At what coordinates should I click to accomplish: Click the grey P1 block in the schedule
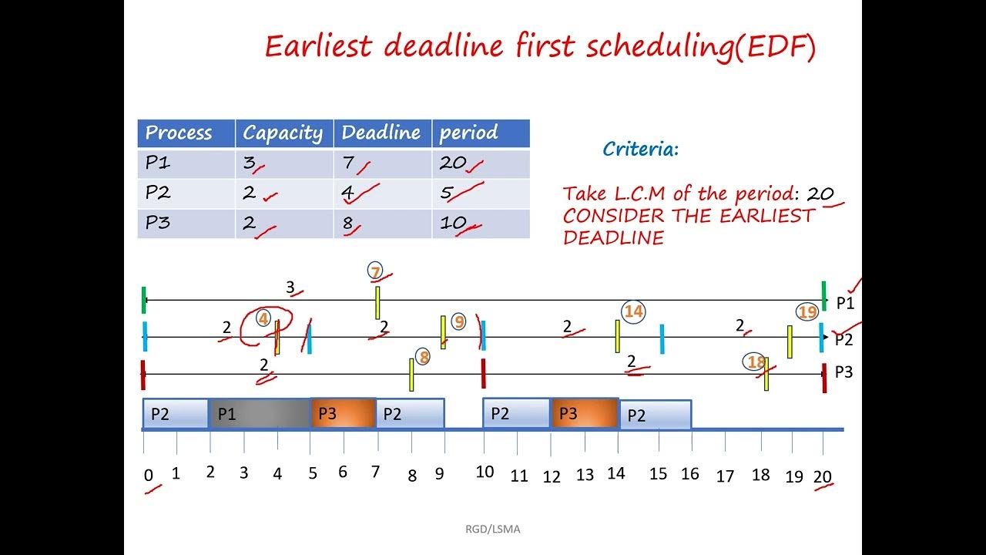tap(260, 414)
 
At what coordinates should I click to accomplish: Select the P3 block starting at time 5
tap(343, 414)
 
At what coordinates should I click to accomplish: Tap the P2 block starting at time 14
tap(656, 415)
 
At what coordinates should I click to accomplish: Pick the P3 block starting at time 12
tap(585, 414)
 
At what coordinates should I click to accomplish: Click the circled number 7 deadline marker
tap(375, 271)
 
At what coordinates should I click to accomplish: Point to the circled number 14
tap(633, 311)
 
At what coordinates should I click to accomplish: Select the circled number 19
tap(807, 312)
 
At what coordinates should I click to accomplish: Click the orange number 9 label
tap(459, 321)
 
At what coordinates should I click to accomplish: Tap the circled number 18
tap(756, 362)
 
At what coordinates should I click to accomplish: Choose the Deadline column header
tap(382, 133)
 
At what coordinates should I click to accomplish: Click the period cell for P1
tap(481, 163)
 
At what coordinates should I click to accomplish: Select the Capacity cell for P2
tap(284, 193)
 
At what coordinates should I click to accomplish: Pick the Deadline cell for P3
tap(382, 224)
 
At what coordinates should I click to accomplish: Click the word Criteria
tap(640, 150)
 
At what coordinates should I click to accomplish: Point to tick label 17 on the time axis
tap(725, 476)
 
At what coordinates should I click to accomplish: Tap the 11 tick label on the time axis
tap(519, 476)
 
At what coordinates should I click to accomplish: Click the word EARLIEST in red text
tap(766, 216)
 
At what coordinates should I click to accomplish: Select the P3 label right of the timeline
tap(843, 372)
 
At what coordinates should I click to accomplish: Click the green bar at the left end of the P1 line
tap(144, 300)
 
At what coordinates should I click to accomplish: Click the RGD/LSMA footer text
tap(492, 530)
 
